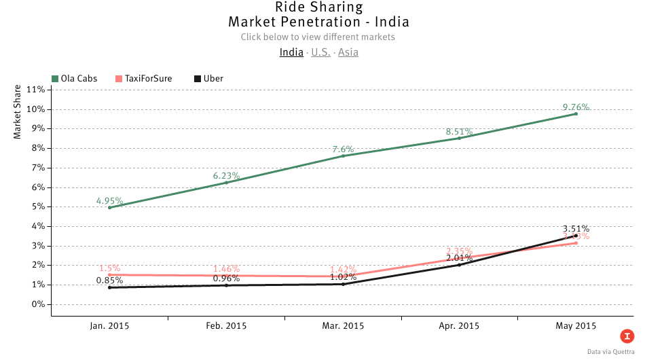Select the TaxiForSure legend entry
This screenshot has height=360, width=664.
pos(143,79)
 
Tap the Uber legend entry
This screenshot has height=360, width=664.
pos(208,79)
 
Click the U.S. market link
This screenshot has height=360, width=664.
pos(320,52)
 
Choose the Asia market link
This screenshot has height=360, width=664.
pos(348,52)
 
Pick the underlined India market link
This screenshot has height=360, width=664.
pos(291,52)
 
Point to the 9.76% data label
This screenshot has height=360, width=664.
pos(576,107)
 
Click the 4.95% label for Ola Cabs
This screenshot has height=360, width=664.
pos(109,201)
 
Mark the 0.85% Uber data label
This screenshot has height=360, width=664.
pos(109,280)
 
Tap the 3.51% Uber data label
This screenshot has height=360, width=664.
pos(576,229)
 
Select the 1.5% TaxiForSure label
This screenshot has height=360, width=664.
pos(109,269)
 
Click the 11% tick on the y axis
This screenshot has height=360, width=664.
pos(35,90)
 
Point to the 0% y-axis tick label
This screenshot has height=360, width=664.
pos(38,304)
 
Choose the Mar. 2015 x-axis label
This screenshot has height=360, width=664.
pos(343,326)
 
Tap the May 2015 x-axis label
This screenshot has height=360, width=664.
pos(576,326)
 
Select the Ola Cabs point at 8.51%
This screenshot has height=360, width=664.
pos(460,138)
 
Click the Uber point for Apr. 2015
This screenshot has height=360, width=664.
pos(460,265)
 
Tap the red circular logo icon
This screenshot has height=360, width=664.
pos(627,336)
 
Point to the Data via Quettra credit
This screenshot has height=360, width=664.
pos(611,352)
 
